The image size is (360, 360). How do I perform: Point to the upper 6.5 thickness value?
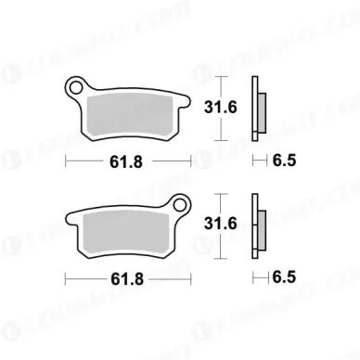click(x=284, y=163)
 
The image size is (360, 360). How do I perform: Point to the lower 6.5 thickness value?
click(x=284, y=277)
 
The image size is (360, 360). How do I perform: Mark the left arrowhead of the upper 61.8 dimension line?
click(x=68, y=163)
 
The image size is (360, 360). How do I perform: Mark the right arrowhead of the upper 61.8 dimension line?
click(x=189, y=163)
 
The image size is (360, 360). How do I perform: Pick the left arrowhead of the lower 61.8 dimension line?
click(x=68, y=277)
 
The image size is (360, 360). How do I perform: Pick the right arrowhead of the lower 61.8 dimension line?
click(x=189, y=277)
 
